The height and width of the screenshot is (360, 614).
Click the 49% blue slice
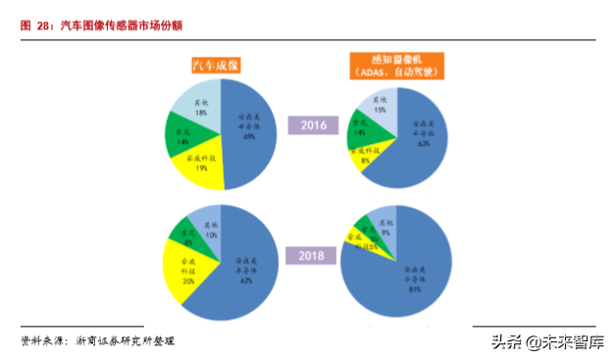249,132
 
